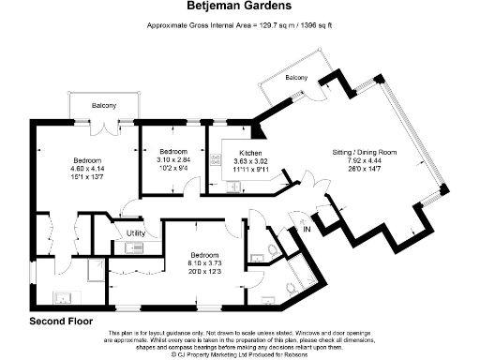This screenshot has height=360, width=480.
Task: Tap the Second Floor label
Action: tap(62, 321)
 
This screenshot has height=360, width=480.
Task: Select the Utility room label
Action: tap(136, 232)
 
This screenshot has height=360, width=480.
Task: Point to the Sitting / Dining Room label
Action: tap(365, 152)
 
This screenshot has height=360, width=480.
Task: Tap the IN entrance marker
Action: tap(306, 229)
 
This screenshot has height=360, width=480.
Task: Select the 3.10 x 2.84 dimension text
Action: tap(173, 158)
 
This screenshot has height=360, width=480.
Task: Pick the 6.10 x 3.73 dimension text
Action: tap(204, 262)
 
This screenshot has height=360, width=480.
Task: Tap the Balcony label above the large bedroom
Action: tap(104, 106)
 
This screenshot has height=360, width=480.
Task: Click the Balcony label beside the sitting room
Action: tap(296, 78)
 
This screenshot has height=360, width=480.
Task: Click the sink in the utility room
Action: tap(129, 247)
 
